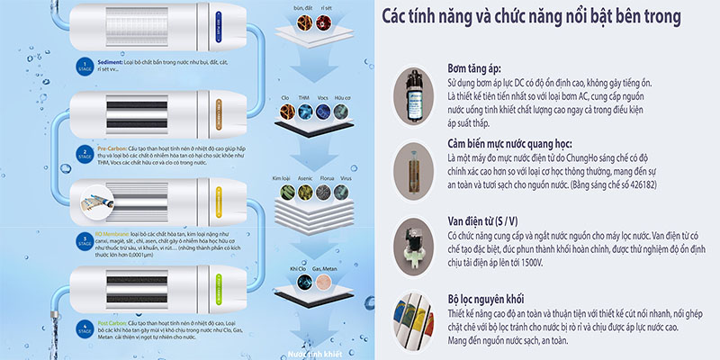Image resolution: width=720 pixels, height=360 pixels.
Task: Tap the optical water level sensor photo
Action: point(416,176)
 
